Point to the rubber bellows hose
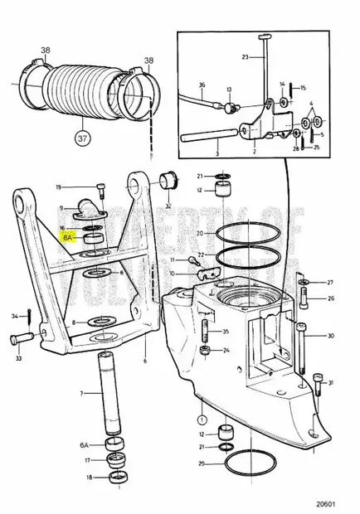[83, 91]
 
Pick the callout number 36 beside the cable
[202, 85]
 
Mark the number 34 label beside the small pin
[15, 316]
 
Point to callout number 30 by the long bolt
[331, 336]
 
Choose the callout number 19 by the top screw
[82, 187]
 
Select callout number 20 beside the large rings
[201, 235]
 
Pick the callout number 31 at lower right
[331, 382]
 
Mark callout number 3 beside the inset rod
[217, 153]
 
